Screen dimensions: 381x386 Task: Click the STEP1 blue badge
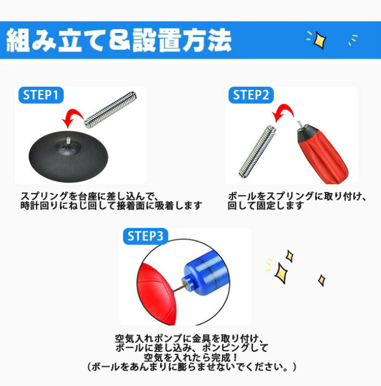(41, 95)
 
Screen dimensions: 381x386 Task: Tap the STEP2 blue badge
(251, 95)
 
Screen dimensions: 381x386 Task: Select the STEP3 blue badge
(146, 236)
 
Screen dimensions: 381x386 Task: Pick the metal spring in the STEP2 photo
(257, 151)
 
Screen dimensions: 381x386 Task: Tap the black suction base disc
(68, 157)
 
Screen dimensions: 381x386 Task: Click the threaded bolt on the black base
(68, 141)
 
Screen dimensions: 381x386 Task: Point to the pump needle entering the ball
(178, 288)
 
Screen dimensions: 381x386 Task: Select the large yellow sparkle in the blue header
(319, 39)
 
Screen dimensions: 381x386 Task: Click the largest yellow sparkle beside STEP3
(281, 273)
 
